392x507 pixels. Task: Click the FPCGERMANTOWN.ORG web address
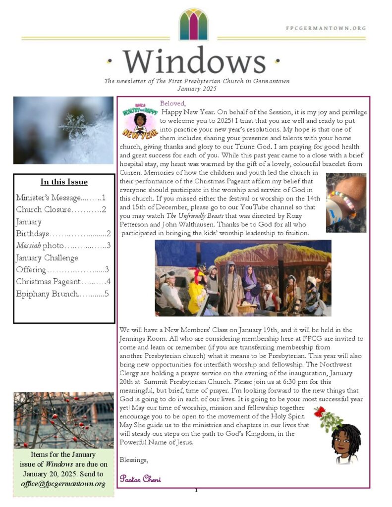pos(326,28)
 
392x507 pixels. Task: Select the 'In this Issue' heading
pos(64,182)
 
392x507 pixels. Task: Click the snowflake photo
pos(63,130)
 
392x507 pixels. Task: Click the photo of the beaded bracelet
pos(346,203)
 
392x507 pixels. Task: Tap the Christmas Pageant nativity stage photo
pos(243,278)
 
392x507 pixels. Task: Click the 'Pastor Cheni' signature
pos(140,478)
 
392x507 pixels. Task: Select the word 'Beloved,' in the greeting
pos(172,103)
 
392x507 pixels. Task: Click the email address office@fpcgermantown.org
pos(63,483)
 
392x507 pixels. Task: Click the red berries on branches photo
pos(63,420)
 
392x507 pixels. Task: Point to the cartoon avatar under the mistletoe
pos(345,443)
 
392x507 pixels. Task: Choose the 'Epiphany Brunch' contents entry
pos(47,294)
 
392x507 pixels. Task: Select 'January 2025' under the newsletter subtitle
pos(197,89)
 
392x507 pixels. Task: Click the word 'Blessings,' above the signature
pos(134,460)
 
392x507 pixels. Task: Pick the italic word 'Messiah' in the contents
pos(27,246)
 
